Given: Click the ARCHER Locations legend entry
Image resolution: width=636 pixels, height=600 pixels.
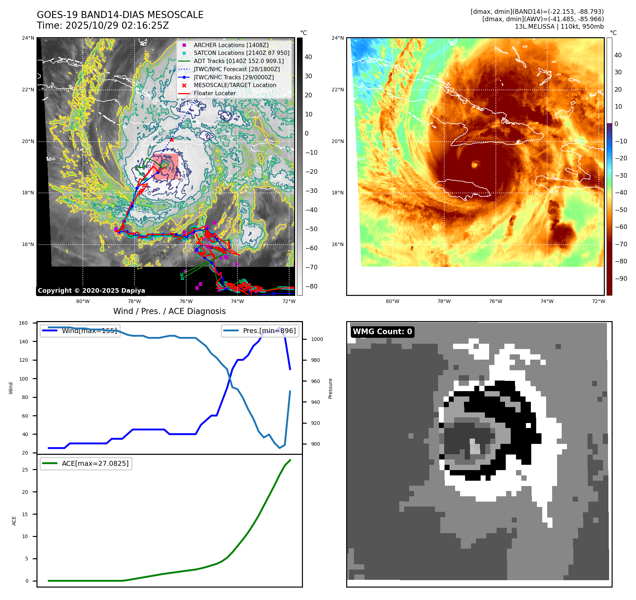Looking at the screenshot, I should pos(231,45).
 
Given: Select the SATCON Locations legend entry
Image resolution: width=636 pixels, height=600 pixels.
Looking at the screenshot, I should pos(241,53).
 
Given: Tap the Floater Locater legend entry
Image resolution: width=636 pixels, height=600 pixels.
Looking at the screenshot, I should pos(214,93).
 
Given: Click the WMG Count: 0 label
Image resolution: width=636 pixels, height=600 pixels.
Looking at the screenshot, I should pos(382,332).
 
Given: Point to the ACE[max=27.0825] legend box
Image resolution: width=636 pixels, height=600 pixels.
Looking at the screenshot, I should pos(86,463).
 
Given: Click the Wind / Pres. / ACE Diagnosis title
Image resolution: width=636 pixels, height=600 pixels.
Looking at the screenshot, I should pos(169,311).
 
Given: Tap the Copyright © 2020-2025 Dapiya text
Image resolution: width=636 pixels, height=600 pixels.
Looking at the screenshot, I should pos(91,291).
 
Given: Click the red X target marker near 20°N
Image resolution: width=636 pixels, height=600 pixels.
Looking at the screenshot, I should pos(172,140).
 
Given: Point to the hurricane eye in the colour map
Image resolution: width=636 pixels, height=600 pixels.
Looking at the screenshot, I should pos(475,164).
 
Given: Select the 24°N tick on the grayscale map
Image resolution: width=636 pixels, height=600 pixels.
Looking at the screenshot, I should pos(28,38).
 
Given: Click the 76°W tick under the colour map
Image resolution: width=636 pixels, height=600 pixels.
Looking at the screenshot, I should pos(495,302).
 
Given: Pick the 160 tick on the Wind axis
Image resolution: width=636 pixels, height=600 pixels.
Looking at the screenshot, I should pos(23,323).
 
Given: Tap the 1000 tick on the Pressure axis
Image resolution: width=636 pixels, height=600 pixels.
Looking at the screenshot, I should pos(317,339).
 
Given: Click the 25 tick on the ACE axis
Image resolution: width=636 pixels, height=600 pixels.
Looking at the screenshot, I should pos(25,470).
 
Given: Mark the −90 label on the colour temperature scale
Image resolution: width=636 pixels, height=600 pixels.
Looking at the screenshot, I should pos(621,279).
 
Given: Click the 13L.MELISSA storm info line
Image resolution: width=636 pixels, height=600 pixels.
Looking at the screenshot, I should pos(559,27).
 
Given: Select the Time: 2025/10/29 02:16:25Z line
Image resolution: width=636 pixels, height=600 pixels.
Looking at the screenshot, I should pos(103,26).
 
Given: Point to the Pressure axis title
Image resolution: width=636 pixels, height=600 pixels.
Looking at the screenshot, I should pos(330,388).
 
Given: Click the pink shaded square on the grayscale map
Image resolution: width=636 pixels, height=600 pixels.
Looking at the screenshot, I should pos(166,166).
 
